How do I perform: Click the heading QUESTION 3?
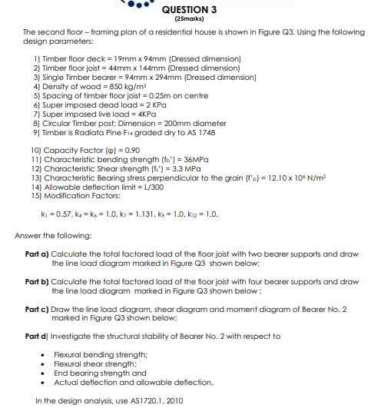[190, 9]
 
